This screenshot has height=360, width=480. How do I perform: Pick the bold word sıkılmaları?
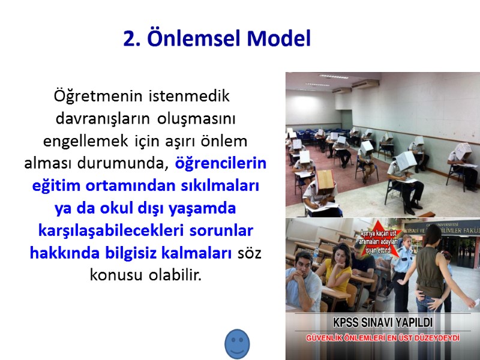224,186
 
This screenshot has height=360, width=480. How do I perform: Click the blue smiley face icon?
237,344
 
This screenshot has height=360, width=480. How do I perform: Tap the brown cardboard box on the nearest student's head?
325,179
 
